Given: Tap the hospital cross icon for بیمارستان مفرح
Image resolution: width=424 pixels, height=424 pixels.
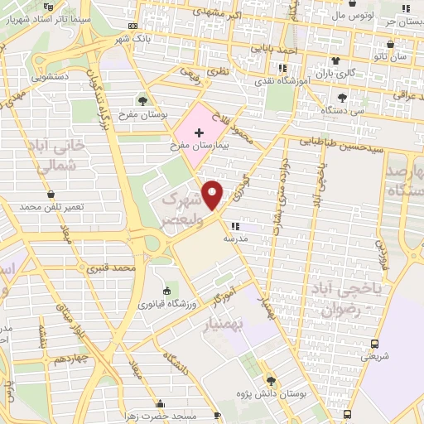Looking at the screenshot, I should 199,132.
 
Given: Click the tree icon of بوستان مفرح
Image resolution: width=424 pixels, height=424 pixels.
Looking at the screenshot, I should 143,100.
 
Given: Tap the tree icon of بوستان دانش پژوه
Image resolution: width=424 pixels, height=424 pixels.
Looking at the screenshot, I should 271,380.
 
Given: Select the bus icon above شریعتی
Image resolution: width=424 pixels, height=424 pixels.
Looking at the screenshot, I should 374,344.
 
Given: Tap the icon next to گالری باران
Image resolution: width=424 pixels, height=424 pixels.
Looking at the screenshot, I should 335,61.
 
